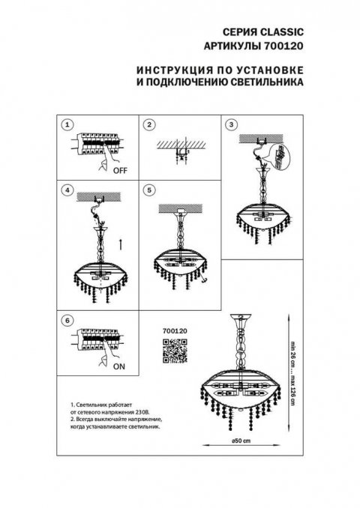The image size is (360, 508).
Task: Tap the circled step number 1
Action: tap(67, 124)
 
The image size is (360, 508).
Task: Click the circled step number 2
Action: tap(149, 124)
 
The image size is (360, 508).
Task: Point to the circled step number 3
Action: tap(231, 124)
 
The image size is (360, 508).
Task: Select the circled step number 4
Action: tap(67, 191)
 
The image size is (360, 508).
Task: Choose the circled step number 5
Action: tap(149, 191)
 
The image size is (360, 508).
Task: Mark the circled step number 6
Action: tap(67, 321)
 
